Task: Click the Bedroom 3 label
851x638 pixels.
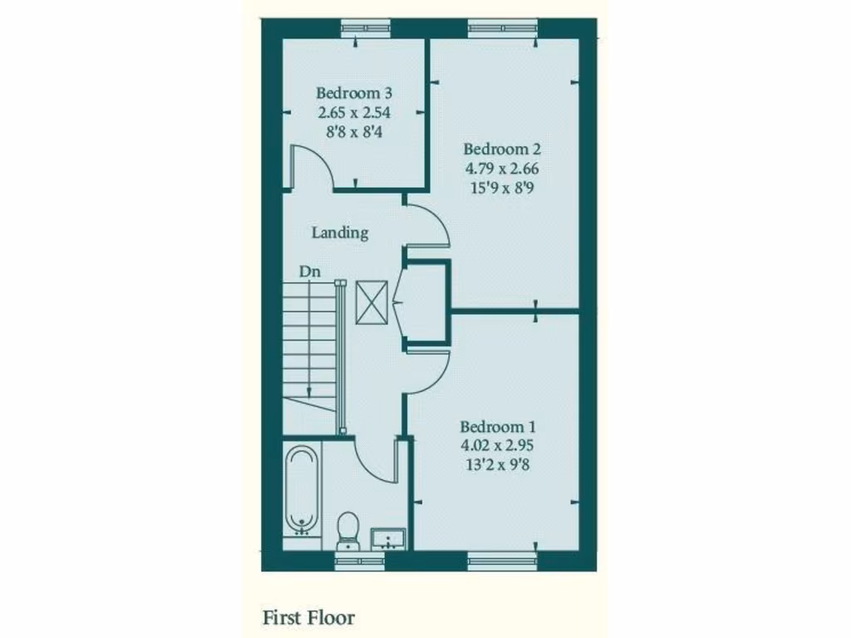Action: point(354,93)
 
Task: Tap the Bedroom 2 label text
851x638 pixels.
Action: point(502,150)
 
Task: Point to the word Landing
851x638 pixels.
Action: point(340,233)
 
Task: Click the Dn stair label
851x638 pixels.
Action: point(311,271)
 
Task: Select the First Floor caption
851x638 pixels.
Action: point(309,618)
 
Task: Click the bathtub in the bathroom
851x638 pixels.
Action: point(303,489)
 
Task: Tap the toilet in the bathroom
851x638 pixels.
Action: point(348,530)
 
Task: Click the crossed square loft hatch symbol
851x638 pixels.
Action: point(371,302)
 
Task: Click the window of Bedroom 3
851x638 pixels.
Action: point(366,27)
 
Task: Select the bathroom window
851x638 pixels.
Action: point(360,562)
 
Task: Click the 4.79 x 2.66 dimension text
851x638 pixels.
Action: point(502,168)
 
